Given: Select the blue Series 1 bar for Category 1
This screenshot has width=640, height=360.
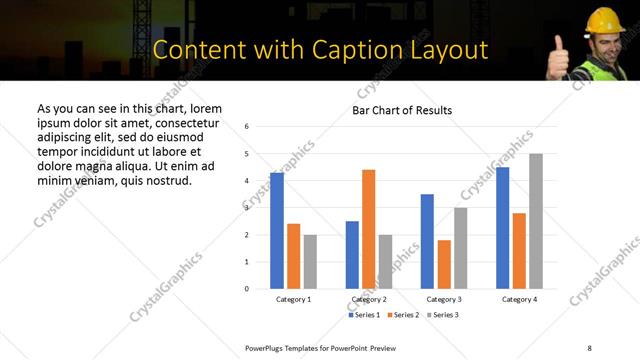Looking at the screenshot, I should [277, 231].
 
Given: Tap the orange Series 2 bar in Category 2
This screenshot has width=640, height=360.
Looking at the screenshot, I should [368, 229].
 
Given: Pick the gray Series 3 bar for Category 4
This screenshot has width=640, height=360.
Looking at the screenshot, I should [536, 221].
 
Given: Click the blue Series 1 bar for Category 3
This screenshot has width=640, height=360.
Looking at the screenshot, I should [427, 241].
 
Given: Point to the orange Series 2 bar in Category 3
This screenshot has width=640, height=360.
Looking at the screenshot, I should [444, 264].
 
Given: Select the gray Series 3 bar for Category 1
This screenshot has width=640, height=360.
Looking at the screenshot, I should [310, 262].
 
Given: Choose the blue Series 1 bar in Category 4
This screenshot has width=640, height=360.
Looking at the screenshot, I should [502, 228].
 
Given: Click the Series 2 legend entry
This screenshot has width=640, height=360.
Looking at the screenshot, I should [402, 315].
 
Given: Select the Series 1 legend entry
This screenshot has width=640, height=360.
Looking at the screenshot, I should [364, 315].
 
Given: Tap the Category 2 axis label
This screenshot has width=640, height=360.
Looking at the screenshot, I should [368, 299].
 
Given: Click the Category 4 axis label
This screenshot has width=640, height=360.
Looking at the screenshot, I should [519, 299].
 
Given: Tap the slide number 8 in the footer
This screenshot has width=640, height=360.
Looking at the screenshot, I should [589, 347].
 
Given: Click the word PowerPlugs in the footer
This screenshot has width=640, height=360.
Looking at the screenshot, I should [267, 347].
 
